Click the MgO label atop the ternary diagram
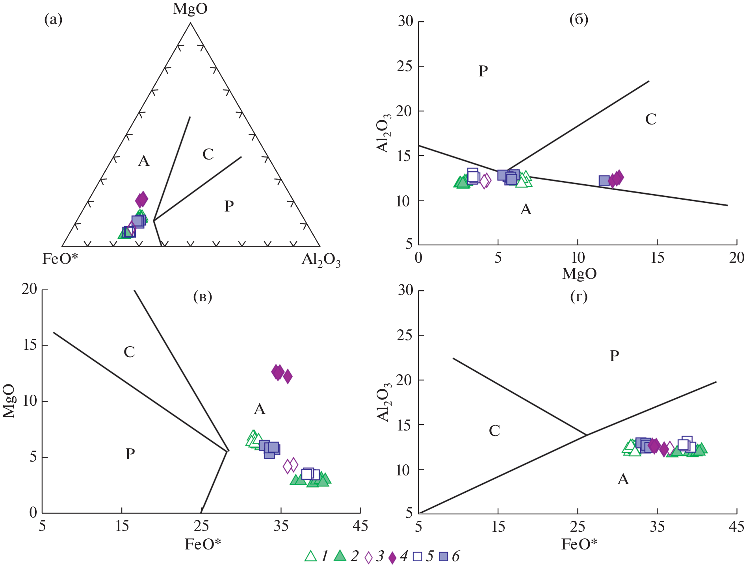coord(190,9)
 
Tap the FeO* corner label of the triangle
coord(60,259)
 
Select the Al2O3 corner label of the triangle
coord(321,260)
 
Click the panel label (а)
coord(53,19)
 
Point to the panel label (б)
coord(578,19)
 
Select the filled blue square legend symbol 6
coord(443,557)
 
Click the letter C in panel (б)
coord(650,119)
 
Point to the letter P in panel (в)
coord(130,454)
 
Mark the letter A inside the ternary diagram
coord(144,161)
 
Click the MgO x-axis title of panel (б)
coord(579,273)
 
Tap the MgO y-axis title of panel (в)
coord(9,401)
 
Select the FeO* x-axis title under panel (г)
coord(579,544)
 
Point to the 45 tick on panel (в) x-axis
coord(360,526)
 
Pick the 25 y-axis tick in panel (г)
coord(405,335)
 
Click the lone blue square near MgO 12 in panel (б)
coord(604,181)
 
